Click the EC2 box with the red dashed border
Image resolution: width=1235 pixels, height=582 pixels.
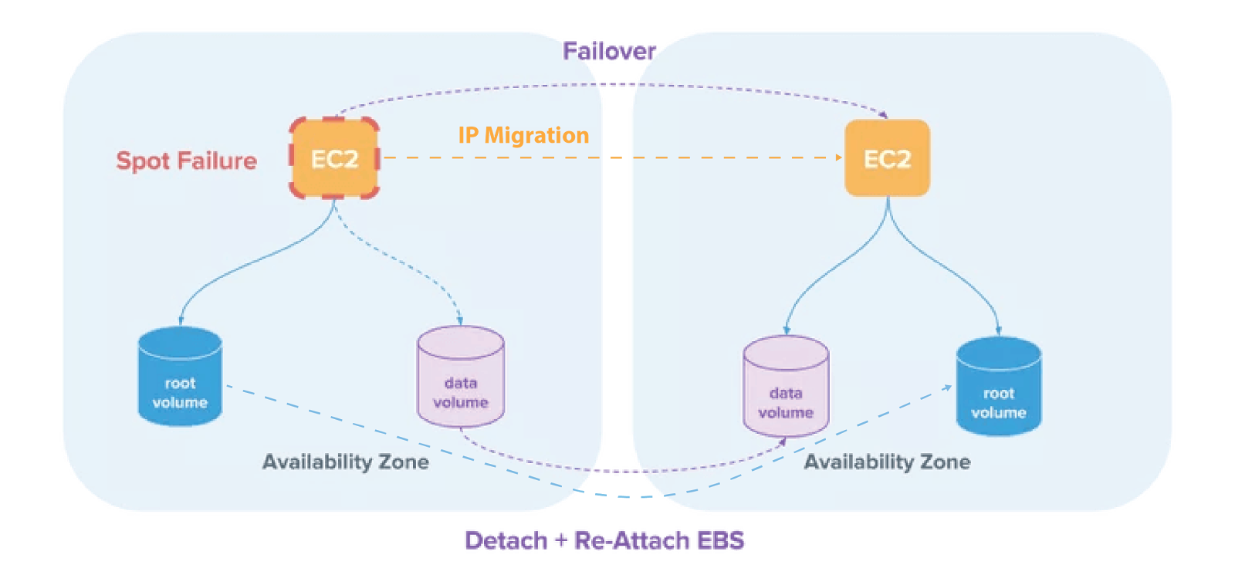[334, 158]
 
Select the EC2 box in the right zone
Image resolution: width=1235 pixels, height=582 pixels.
[887, 158]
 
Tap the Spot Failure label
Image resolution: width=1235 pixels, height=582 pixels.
[186, 161]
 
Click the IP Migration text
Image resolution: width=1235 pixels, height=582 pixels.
[523, 135]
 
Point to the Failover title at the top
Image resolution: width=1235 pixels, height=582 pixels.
[609, 52]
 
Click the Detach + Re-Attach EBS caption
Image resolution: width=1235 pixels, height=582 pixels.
[605, 540]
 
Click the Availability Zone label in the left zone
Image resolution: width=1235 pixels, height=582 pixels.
[345, 462]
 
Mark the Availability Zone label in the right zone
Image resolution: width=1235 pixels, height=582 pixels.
[887, 462]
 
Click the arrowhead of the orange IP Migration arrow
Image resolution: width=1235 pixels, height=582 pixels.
[840, 157]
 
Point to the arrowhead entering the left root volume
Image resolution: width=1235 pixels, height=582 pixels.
[181, 320]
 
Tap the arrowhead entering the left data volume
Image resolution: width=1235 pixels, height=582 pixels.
[460, 320]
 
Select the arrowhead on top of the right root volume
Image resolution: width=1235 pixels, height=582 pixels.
[998, 330]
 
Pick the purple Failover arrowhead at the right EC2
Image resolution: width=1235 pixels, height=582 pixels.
[884, 116]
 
